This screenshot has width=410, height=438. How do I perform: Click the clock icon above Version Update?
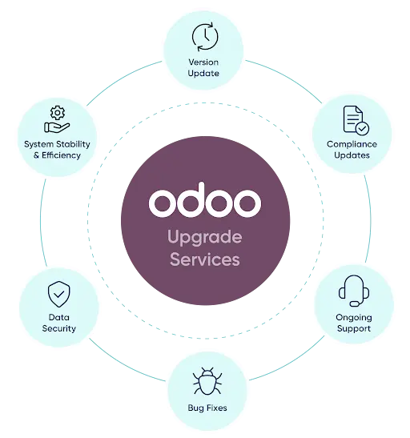[205, 37]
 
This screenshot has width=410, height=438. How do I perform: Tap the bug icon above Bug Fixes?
[207, 381]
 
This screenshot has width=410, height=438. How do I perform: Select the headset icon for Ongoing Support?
[354, 291]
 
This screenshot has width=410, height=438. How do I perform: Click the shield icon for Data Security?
[59, 294]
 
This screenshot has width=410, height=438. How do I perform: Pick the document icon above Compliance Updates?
[356, 120]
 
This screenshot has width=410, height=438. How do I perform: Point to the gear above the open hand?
[58, 113]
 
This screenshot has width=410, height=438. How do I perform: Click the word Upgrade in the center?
[205, 238]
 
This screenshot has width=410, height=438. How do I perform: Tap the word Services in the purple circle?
[205, 259]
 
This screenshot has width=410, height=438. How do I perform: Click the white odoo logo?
[205, 199]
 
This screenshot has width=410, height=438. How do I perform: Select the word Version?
[203, 62]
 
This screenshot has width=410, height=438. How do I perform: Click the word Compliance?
[352, 144]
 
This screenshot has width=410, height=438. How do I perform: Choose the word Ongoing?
[354, 318]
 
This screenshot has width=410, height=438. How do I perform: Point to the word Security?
[59, 329]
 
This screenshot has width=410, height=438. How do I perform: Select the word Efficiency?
[61, 155]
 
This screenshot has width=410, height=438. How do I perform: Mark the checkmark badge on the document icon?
[363, 129]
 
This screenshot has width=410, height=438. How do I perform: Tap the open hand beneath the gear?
[57, 127]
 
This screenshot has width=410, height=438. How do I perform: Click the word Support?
[354, 329]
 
